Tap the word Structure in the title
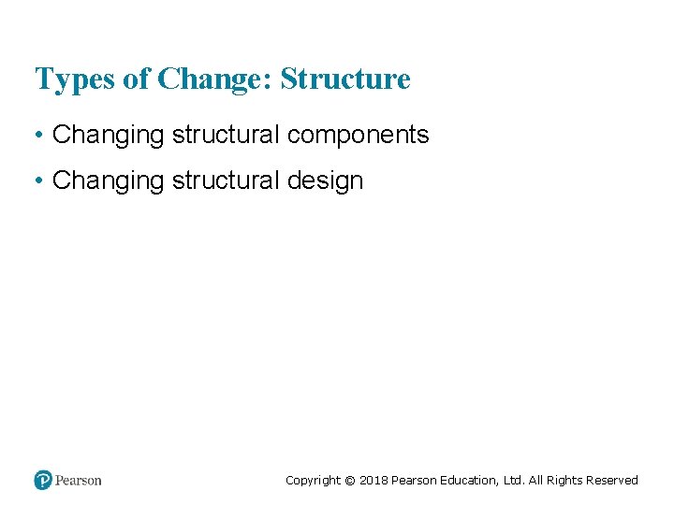click(x=345, y=79)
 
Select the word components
click(x=359, y=136)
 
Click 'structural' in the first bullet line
click(x=226, y=136)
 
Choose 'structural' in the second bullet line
click(x=226, y=180)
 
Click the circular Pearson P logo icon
click(x=43, y=480)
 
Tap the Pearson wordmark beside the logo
click(x=79, y=481)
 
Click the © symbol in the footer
click(x=350, y=481)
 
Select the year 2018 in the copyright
click(x=373, y=481)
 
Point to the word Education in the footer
click(x=468, y=481)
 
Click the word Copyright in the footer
click(x=313, y=481)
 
